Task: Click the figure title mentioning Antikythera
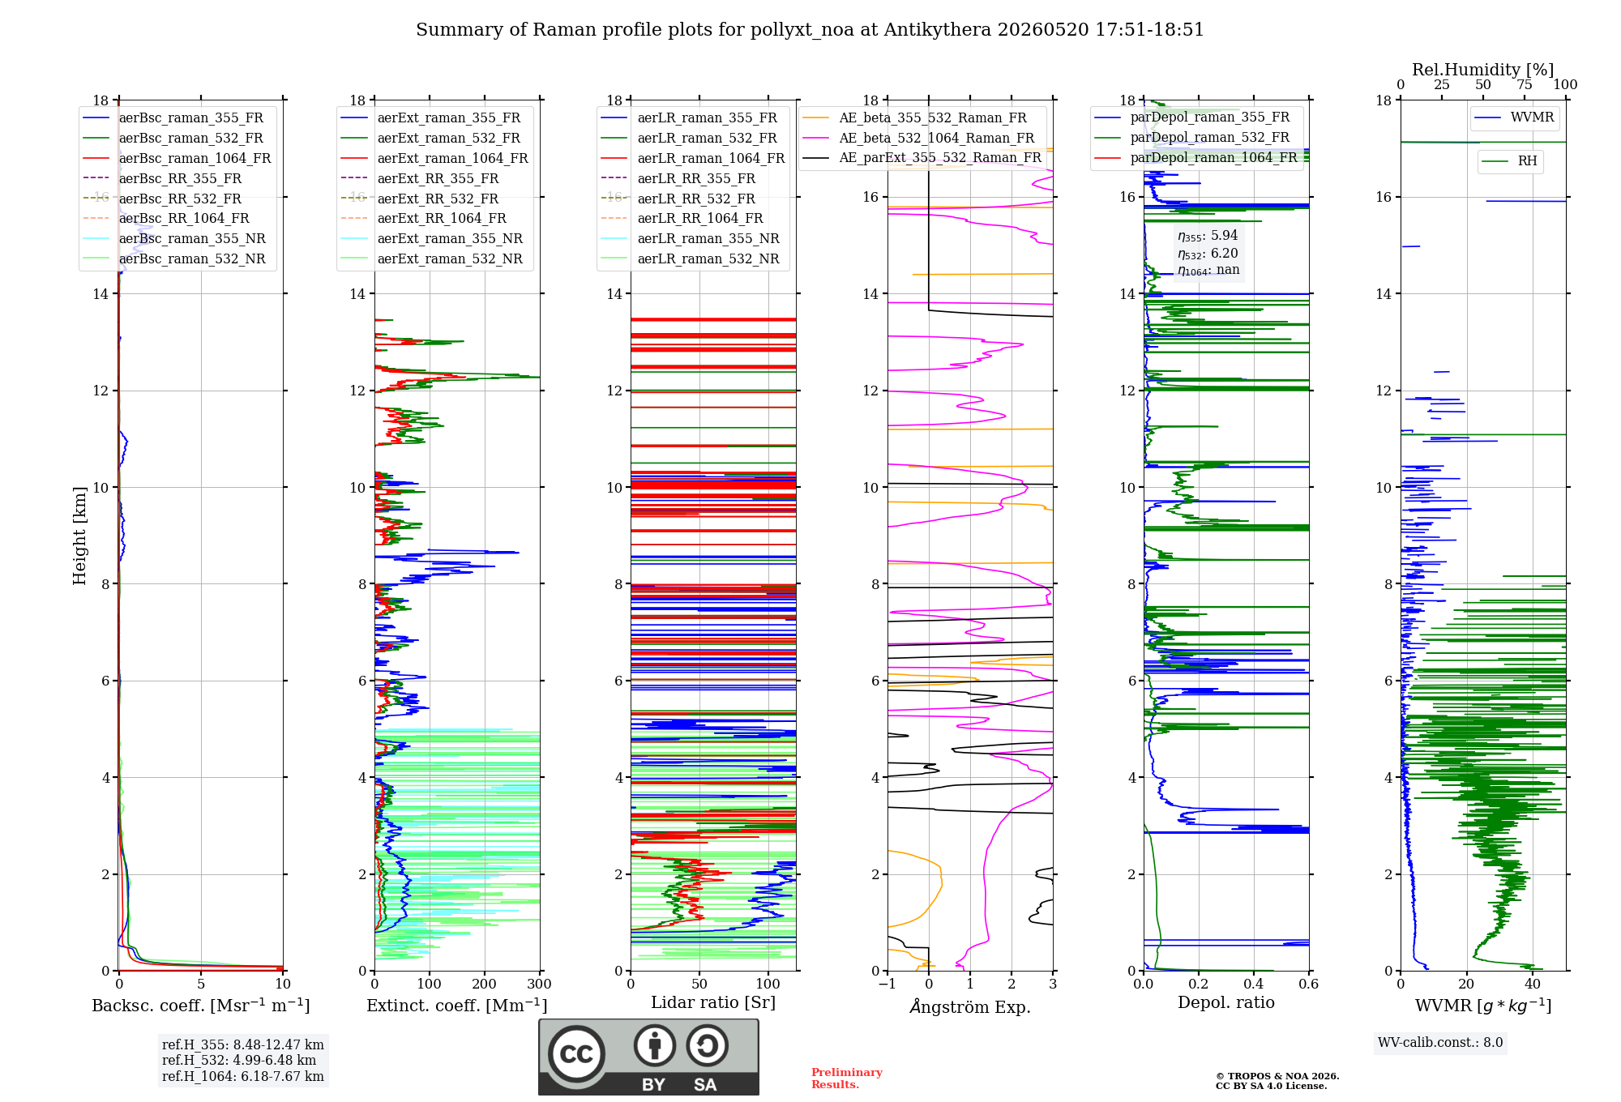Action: (x=810, y=30)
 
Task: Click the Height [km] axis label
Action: (x=79, y=536)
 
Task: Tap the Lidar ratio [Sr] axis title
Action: (x=713, y=1002)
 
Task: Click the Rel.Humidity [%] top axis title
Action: (x=1483, y=70)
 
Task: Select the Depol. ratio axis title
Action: (x=1226, y=1002)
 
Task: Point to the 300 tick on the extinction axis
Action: (x=540, y=984)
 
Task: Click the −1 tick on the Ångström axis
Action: (x=887, y=984)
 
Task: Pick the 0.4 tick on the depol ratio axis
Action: (x=1254, y=984)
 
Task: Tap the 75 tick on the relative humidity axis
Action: (x=1525, y=84)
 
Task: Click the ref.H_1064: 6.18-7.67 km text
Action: (x=243, y=1076)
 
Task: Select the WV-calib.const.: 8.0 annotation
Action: (x=1440, y=1042)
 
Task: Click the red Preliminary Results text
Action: (x=847, y=1079)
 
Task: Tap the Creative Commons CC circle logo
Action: (x=576, y=1054)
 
